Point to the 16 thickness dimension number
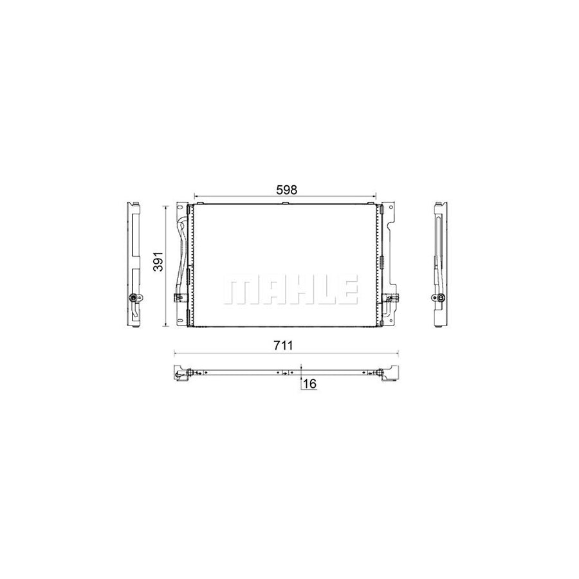309,383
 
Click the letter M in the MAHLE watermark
239,291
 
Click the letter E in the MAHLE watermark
347,291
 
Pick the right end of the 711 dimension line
397,353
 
